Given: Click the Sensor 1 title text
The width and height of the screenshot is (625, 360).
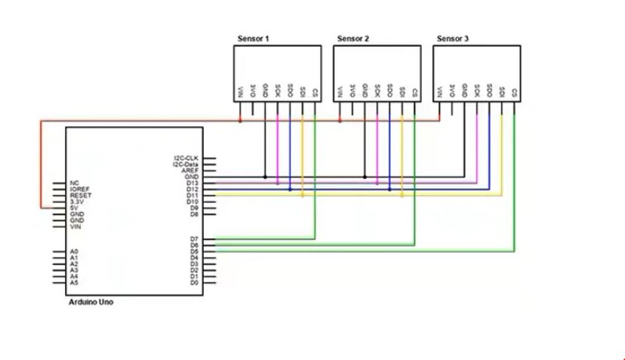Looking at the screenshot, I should [253, 38].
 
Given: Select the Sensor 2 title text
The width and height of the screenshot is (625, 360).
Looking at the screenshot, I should [353, 38].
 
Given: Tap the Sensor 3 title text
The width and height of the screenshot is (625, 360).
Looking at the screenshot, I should [452, 38].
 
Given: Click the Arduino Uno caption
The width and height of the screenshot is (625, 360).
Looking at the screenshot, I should [91, 302].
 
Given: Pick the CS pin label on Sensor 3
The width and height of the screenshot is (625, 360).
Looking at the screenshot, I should [514, 93].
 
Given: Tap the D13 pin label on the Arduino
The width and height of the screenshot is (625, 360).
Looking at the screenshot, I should [192, 183].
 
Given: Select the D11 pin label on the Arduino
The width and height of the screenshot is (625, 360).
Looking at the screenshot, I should [192, 195].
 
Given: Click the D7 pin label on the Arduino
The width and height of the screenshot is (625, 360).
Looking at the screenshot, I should [194, 239].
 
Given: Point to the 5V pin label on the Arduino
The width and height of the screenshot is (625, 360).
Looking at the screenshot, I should [74, 208].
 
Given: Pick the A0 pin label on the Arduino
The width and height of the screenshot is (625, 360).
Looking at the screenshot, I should [73, 251].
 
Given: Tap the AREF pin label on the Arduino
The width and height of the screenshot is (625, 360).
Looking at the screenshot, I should [190, 171].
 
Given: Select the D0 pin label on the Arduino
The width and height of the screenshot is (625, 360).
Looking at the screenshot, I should [194, 282].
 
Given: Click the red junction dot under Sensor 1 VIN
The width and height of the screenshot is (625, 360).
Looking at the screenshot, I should [241, 120].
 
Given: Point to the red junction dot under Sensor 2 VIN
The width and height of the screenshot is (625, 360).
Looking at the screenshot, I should [340, 120].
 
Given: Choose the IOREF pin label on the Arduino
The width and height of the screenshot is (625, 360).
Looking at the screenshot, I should [79, 189].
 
